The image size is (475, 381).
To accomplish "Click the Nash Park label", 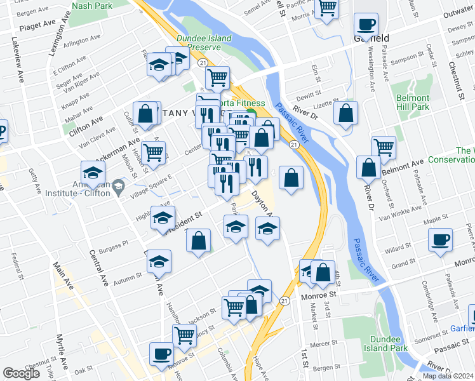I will tap(93, 5).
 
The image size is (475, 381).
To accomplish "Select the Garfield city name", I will tap(371, 38).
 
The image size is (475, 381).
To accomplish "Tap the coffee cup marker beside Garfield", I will tap(366, 25).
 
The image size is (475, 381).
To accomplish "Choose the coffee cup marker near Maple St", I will tap(439, 240).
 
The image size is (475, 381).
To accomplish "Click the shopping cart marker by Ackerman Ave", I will tap(154, 152).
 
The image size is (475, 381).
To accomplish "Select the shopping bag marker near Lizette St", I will tap(345, 114).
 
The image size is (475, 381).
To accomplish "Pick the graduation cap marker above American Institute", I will tap(93, 172).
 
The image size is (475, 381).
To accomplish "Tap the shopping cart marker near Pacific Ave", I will tap(326, 8).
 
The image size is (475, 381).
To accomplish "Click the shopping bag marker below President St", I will tap(199, 241).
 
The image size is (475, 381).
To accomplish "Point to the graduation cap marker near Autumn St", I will tap(159, 262).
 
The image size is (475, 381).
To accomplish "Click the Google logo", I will tap(22, 373).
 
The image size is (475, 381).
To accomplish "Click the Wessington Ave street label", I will tap(370, 70).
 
